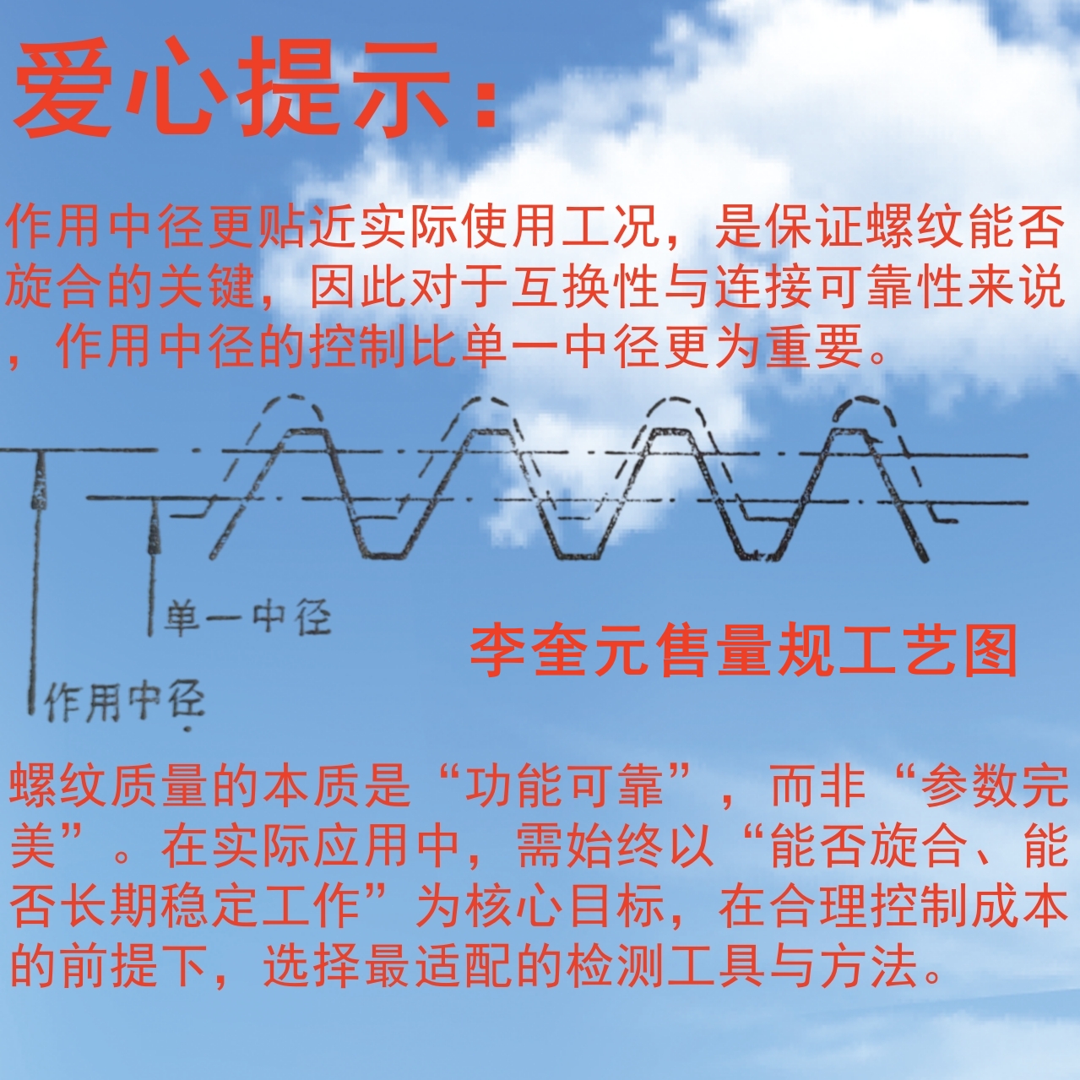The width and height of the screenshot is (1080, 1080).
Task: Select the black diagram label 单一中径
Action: (247, 618)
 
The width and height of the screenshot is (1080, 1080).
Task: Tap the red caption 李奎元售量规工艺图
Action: (743, 650)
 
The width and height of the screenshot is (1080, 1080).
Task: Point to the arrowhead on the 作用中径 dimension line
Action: (38, 490)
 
